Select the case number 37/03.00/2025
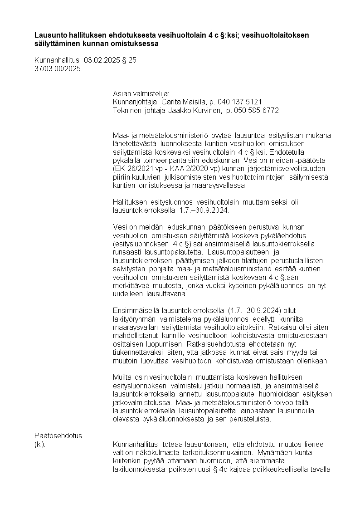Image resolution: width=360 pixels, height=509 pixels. coord(58,69)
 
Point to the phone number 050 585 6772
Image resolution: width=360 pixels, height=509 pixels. coord(256,110)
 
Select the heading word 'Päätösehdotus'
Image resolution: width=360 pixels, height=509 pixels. coord(58,436)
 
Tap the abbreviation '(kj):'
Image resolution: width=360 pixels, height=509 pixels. coord(40,444)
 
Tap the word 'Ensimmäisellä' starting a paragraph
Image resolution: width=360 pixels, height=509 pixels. coord(135,310)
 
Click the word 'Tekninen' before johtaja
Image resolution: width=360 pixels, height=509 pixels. coord(127,110)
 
